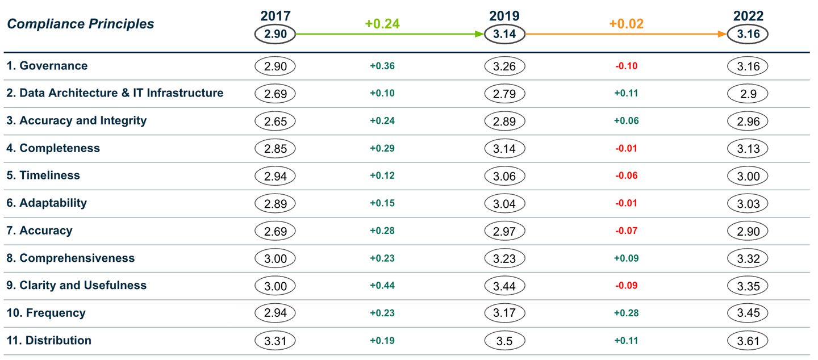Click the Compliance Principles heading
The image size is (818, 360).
point(81,24)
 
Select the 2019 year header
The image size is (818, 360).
point(504,16)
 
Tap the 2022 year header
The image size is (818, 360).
point(748,16)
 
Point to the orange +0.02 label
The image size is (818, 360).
point(626,24)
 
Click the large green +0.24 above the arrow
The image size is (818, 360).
point(382,24)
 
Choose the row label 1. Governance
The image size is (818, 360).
point(47,66)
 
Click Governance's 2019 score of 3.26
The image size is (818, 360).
point(504,66)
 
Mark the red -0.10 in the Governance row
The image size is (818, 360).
point(626,66)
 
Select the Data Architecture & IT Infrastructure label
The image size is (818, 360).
point(115,93)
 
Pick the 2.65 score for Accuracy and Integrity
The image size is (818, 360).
point(276,121)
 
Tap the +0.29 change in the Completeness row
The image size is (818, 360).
point(382,149)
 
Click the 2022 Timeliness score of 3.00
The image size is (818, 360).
point(748,176)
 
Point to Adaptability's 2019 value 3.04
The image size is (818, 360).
point(504,203)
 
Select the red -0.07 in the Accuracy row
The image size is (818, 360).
point(626,231)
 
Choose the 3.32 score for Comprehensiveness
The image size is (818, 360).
point(748,258)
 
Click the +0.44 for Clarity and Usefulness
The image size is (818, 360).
point(382,286)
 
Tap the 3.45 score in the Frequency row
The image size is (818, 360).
point(748,313)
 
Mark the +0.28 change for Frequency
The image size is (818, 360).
point(626,313)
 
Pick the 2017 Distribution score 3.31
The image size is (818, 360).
point(276,341)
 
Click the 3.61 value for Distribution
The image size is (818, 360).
point(748,341)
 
